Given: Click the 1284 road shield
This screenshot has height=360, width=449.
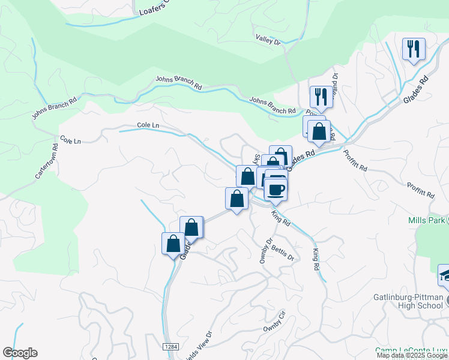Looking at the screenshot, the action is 171,347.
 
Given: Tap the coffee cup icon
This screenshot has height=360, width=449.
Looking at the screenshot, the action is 276,189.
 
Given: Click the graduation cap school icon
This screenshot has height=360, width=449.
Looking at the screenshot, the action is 445,275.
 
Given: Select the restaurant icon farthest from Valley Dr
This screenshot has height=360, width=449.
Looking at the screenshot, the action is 413,49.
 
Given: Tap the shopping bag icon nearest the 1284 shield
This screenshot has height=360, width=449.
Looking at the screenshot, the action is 173,244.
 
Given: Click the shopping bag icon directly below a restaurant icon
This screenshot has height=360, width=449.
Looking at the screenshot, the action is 319,131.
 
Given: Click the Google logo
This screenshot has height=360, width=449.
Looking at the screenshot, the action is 20,353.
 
